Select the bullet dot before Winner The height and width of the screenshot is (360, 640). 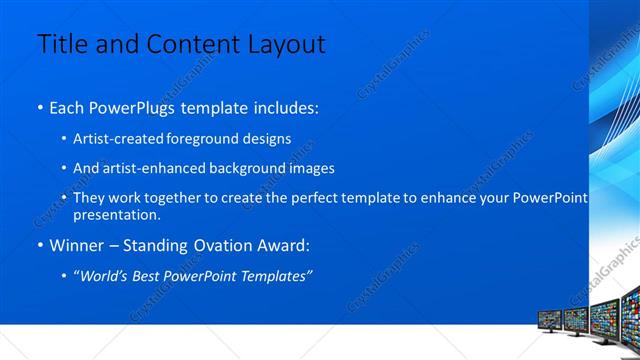pyautogui.click(x=40, y=246)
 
